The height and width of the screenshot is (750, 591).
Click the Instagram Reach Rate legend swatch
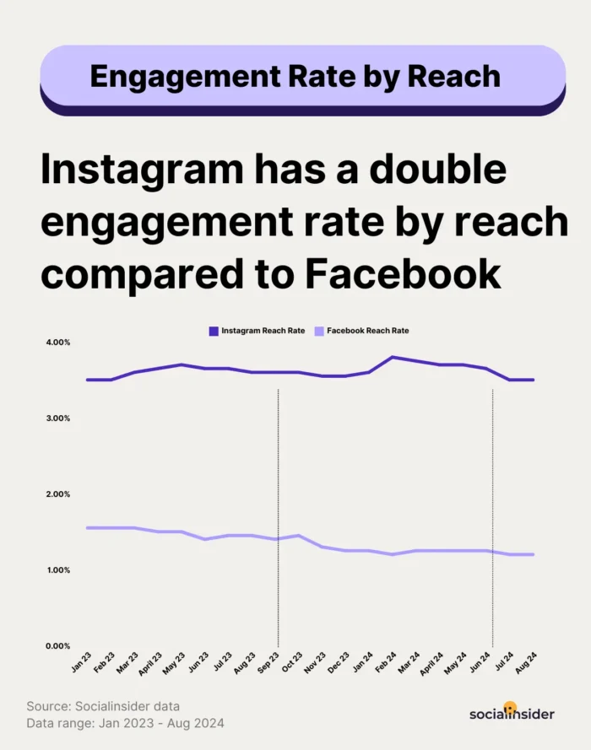pos(213,331)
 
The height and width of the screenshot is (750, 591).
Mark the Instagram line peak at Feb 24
pos(392,357)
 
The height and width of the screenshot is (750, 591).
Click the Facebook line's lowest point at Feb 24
pos(392,554)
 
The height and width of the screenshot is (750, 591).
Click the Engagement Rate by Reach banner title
pos(295,77)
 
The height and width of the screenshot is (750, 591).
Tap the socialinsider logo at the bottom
pos(512,714)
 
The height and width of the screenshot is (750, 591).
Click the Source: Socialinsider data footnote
pos(104,705)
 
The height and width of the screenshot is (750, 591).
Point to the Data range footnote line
pos(125,722)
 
